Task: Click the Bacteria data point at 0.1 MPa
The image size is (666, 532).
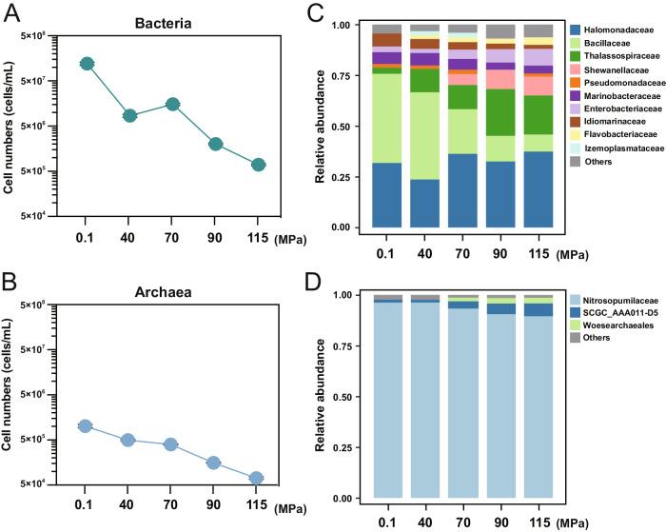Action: tap(87, 64)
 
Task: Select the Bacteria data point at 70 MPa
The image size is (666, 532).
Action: tap(172, 104)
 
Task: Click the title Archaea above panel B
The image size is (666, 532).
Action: tap(172, 283)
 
